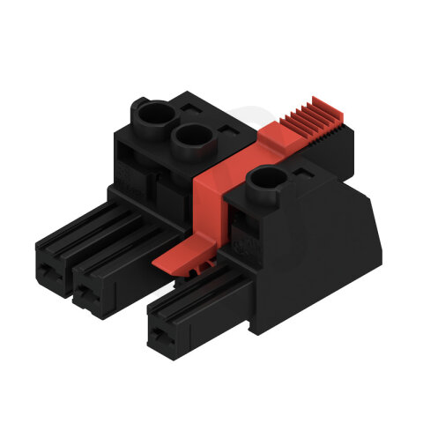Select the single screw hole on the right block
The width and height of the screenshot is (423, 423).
coord(263,182)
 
